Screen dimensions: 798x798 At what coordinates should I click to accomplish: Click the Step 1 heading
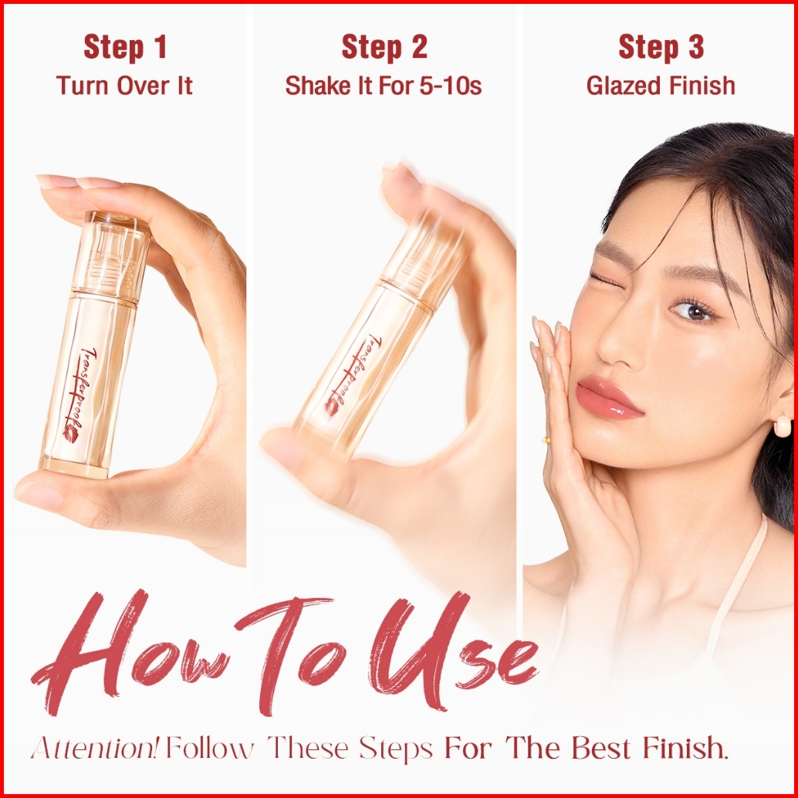(125, 47)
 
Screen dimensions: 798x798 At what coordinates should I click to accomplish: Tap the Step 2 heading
(384, 47)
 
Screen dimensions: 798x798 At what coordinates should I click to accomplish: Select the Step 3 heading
(661, 47)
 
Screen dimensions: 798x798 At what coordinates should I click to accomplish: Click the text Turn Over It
(124, 85)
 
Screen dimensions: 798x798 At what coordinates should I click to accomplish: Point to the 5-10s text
(451, 86)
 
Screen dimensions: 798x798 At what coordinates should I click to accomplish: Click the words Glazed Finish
(661, 86)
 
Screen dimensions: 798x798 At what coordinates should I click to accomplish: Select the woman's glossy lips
(608, 397)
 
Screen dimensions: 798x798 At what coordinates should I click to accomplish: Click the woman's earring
(782, 425)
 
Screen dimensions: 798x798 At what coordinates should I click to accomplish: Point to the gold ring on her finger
(546, 440)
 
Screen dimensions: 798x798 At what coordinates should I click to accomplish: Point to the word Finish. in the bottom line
(685, 749)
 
